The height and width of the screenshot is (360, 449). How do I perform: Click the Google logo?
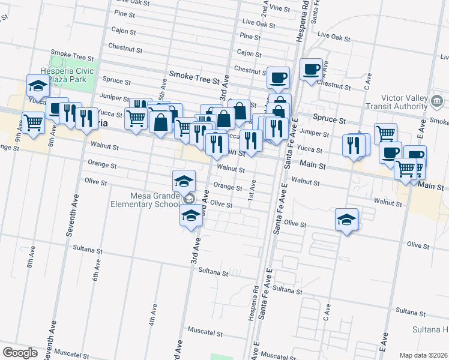coord(20,353)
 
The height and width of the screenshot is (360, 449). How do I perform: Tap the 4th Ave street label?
coord(152,314)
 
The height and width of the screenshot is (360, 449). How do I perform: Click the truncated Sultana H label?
coord(430,330)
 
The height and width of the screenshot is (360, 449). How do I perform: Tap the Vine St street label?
coord(280,8)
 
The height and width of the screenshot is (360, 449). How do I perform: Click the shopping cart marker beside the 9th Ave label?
coord(34,122)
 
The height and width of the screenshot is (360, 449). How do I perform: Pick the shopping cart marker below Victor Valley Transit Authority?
coord(386,133)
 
